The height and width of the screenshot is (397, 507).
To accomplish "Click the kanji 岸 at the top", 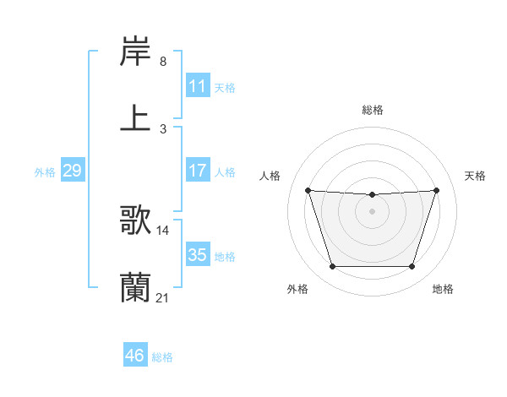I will [x=135, y=52].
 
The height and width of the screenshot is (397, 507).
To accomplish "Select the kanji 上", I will [x=135, y=117].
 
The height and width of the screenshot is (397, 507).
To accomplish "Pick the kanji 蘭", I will [x=135, y=286].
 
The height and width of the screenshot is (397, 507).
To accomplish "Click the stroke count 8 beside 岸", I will [x=162, y=62].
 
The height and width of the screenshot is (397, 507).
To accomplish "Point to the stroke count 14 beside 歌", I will [x=163, y=230].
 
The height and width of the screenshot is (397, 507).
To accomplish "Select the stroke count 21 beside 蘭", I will [x=163, y=296].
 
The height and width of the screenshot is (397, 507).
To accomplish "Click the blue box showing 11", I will [x=197, y=86].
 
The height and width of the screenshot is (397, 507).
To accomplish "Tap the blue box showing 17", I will [x=197, y=171].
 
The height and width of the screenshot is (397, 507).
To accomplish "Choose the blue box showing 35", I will [x=197, y=255].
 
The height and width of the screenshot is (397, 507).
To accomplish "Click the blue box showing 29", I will [x=72, y=171].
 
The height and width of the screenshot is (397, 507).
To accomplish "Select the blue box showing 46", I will [x=134, y=356].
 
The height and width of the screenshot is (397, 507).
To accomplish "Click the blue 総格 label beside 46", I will [x=162, y=357].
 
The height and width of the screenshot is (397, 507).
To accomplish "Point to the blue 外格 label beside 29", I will [x=45, y=172].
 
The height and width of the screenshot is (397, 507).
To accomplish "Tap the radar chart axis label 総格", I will [x=372, y=110].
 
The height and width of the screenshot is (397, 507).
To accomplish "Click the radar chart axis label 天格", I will [x=476, y=176].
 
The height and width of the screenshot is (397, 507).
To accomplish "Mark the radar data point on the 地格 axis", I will [x=412, y=267].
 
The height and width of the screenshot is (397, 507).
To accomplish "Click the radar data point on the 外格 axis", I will [x=332, y=267].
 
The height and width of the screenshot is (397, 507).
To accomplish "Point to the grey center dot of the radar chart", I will [x=372, y=211].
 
